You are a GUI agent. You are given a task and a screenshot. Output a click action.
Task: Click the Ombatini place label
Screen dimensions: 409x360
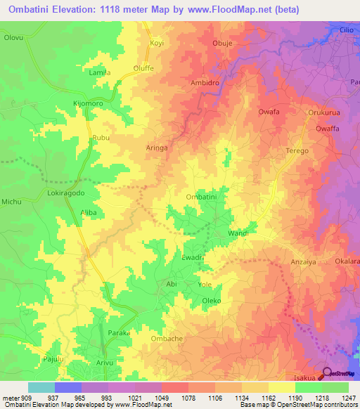pos(200,197)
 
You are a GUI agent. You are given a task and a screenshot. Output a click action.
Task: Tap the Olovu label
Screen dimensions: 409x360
pos(14,36)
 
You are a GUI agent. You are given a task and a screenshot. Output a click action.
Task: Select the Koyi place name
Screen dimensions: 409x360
pos(157,43)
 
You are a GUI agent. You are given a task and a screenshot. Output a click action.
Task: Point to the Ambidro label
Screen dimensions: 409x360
pos(205,82)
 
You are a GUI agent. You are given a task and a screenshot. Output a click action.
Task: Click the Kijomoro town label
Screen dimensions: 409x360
pos(89,103)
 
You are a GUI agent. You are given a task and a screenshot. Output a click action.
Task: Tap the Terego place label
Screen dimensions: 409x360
pos(297,151)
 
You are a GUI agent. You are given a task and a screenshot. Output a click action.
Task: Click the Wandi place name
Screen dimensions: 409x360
pos(238,233)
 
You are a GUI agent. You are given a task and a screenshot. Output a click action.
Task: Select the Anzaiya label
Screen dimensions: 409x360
pos(304,262)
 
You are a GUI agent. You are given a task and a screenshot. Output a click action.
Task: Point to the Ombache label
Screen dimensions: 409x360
pos(166,338)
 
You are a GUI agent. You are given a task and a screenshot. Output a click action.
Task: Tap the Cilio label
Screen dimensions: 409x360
pos(345,31)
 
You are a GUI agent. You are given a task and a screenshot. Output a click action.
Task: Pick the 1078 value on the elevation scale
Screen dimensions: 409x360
pos(175,398)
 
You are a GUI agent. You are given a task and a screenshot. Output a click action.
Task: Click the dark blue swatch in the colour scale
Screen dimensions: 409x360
pos(68,387)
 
